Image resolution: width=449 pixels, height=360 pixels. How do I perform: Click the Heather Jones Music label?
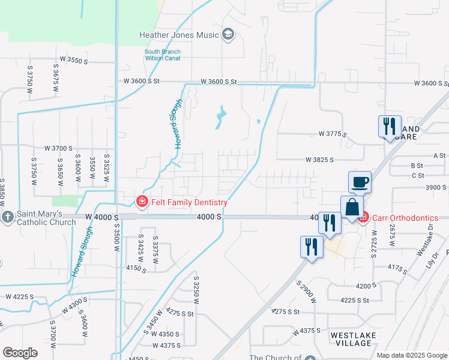(x=179, y=35)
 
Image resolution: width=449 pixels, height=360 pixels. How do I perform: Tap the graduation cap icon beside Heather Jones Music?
(x=228, y=34)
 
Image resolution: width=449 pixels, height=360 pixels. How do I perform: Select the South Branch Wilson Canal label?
(x=163, y=55)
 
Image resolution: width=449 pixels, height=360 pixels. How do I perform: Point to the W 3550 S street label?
(x=70, y=61)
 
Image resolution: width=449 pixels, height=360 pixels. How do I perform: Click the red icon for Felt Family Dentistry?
(x=142, y=202)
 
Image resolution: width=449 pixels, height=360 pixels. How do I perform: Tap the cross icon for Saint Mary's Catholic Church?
(x=7, y=216)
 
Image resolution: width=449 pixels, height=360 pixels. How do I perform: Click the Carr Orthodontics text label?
(x=405, y=217)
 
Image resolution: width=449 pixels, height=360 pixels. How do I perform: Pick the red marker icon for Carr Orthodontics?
(x=363, y=217)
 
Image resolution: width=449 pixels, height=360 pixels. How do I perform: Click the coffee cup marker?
(x=360, y=182)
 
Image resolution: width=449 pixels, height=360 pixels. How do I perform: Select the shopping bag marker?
(x=352, y=208)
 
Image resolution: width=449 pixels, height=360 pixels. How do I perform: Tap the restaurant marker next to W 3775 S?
(x=390, y=127)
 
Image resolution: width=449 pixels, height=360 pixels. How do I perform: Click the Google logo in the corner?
(x=19, y=353)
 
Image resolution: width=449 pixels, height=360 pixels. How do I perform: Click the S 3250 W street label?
(x=196, y=291)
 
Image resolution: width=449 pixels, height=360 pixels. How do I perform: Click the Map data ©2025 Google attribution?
(x=411, y=355)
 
